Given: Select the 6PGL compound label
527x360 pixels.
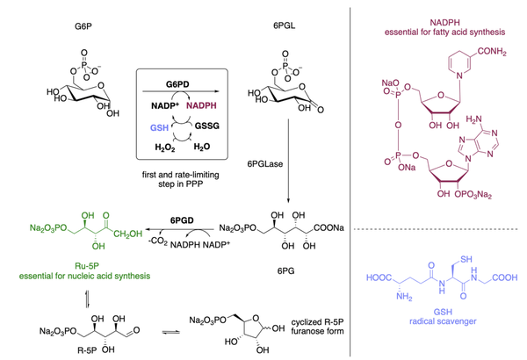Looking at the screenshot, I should pos(284,27).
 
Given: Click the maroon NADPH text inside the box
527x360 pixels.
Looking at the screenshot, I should pos(204,105).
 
